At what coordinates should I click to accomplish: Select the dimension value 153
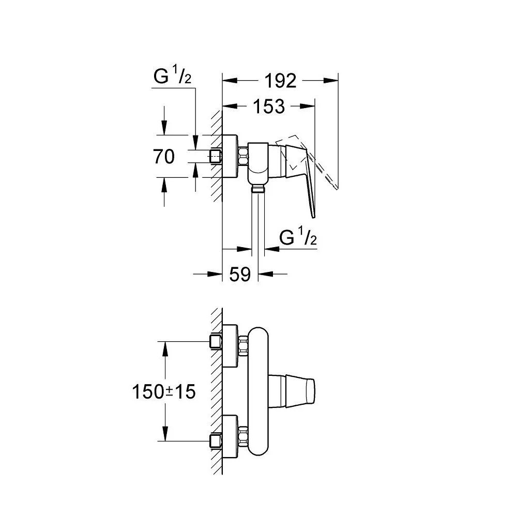point(269,107)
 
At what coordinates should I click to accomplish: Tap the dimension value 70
point(164,156)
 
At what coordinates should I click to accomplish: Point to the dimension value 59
point(239,275)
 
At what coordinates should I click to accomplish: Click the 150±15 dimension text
point(163,391)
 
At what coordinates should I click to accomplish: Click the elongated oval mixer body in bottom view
point(258,391)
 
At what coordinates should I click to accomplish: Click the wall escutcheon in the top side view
point(230,156)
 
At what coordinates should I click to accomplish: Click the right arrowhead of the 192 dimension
point(331,80)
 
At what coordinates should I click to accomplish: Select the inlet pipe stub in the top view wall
point(216,156)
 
